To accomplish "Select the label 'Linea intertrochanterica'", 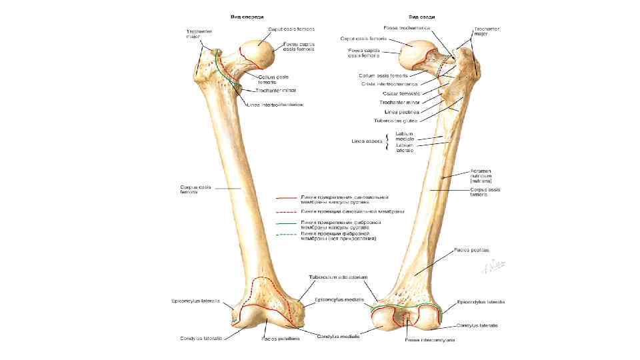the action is point(275,105).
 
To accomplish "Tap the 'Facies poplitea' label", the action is point(472,250).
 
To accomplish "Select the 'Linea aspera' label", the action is point(367,141).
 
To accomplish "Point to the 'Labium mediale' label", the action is point(405,136).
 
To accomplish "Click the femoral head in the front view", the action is point(256,53).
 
